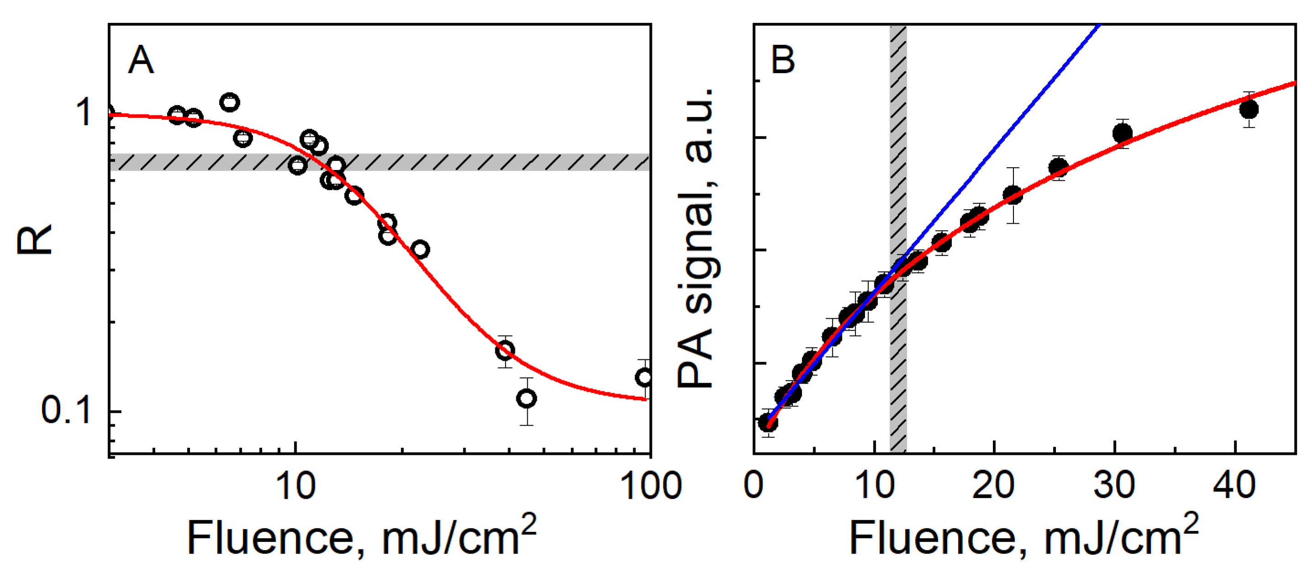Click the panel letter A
[141, 60]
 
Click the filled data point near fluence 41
[1249, 109]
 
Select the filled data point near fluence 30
[1123, 133]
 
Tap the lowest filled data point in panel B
[768, 422]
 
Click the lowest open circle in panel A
[527, 398]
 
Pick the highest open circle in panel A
[230, 102]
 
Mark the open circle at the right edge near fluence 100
[644, 377]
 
